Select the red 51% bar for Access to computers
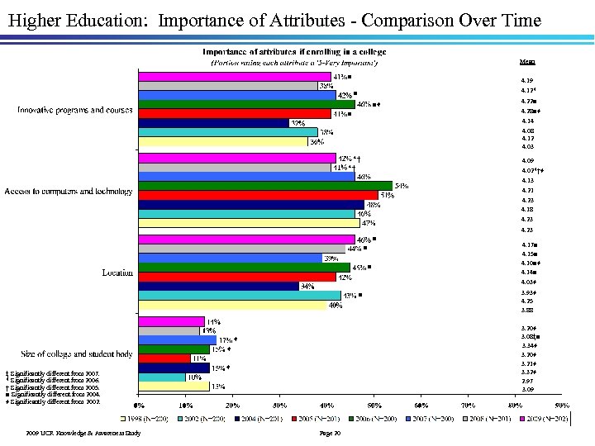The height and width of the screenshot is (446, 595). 258,195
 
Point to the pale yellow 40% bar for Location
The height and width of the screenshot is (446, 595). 231,305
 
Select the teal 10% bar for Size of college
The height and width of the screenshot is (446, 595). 161,377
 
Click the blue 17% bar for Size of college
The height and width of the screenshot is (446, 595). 177,339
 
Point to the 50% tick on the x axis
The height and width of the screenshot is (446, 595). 374,406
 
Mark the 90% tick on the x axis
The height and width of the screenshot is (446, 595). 562,406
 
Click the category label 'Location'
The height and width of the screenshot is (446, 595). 117,273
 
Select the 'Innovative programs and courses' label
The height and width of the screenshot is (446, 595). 75,110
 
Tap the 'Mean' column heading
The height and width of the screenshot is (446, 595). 526,61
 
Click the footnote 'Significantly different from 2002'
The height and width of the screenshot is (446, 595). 53,401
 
